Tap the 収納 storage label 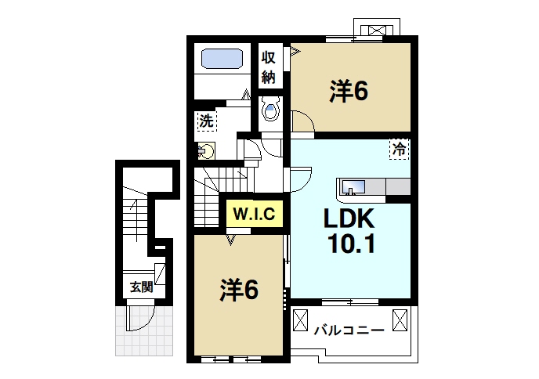269,67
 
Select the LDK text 348,218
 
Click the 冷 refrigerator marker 400,148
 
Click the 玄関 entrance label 141,287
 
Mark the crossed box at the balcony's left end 301,319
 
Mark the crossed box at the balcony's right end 401,319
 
